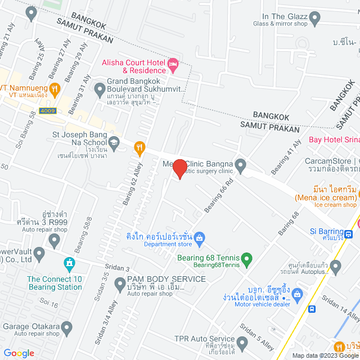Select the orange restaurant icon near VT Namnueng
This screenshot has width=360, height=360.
(55, 88)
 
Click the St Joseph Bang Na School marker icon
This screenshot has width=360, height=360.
(114, 142)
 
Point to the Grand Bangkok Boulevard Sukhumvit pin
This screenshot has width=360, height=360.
(100, 88)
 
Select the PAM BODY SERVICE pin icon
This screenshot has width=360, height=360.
(120, 285)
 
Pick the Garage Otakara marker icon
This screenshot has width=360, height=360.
(67, 327)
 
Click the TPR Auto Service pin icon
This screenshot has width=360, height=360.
(242, 342)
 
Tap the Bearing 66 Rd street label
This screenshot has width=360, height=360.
(218, 196)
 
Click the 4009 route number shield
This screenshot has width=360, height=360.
(49, 111)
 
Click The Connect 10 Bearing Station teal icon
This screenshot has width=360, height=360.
(69, 263)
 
